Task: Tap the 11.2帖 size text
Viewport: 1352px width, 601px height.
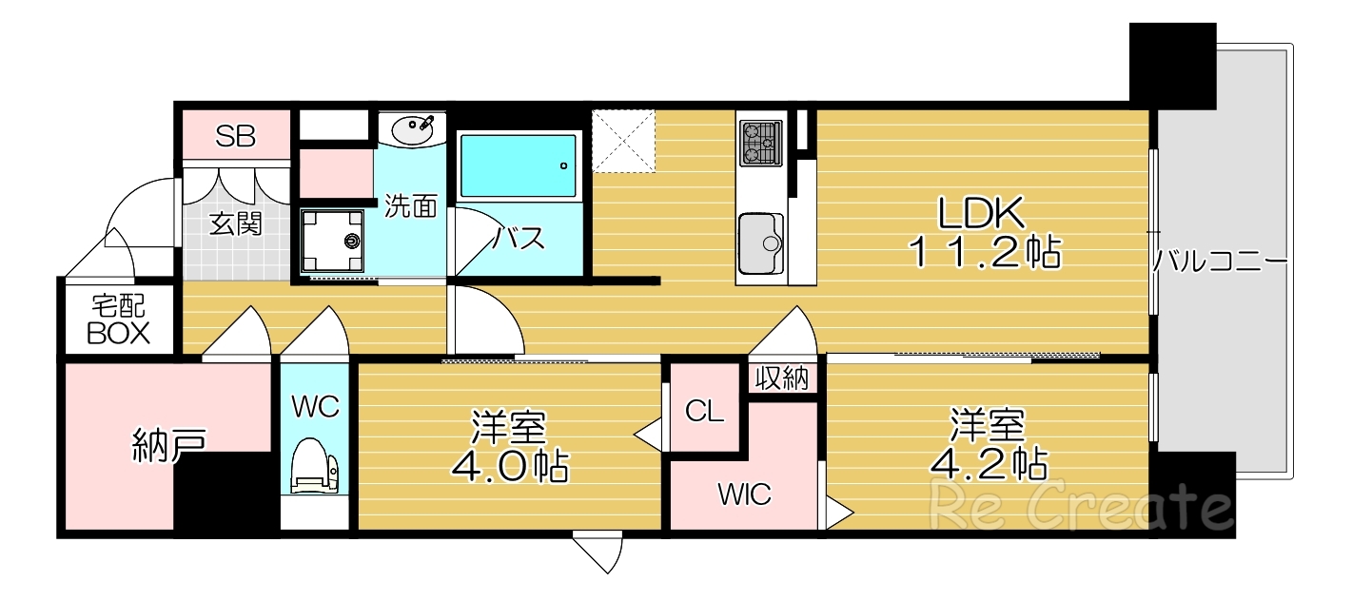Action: click(x=982, y=254)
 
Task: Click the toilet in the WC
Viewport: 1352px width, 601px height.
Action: click(x=315, y=466)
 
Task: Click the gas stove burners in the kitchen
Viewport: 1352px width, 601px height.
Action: click(x=760, y=141)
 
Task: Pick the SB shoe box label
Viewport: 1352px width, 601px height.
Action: click(x=235, y=136)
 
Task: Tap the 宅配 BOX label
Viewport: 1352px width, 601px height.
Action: click(x=119, y=320)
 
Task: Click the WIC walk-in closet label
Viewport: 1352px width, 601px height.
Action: click(x=744, y=494)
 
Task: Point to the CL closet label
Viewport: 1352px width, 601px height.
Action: click(x=705, y=412)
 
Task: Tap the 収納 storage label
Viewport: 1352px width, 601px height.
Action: click(x=782, y=378)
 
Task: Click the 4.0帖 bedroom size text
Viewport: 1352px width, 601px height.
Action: click(x=509, y=466)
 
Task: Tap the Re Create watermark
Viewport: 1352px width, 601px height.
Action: click(x=1081, y=505)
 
